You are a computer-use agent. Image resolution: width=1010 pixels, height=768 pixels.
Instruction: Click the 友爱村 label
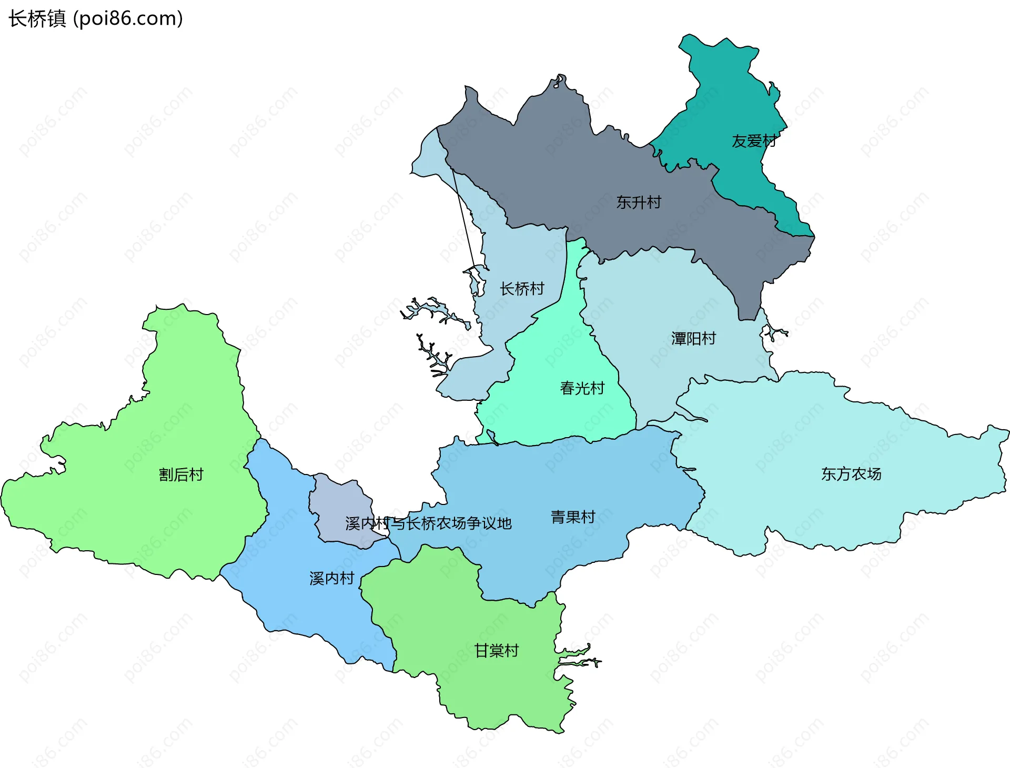pos(754,141)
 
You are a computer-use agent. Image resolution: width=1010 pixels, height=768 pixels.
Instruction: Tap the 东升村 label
pos(639,202)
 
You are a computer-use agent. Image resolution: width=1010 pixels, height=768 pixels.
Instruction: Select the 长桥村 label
pos(522,289)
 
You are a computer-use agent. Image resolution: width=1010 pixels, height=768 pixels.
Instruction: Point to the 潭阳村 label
pos(693,338)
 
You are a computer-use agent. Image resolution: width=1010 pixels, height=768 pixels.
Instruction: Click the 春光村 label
pos(582,388)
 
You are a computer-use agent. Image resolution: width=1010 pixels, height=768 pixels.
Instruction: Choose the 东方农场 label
pos(851,474)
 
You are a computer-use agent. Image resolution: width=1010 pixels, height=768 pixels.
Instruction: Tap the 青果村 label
pos(573,517)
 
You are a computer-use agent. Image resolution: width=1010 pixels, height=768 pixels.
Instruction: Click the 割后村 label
pos(181,474)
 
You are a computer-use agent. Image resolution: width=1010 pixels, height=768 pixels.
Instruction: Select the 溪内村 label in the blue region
pos(331,578)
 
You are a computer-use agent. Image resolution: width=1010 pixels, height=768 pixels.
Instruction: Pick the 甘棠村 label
pos(497,651)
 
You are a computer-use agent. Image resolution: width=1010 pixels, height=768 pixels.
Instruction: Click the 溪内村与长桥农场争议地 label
pos(428,523)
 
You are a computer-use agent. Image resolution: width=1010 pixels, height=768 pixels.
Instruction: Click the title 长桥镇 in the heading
pos(37,19)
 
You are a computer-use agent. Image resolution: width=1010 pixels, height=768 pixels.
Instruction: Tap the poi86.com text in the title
pos(128,19)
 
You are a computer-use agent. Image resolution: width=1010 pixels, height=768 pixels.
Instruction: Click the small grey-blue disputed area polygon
pos(337,500)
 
